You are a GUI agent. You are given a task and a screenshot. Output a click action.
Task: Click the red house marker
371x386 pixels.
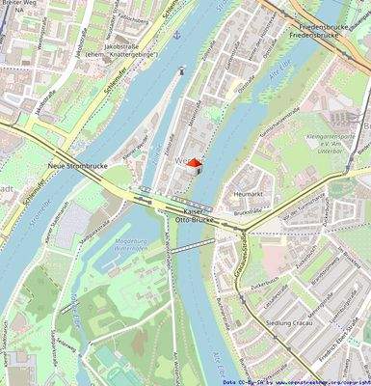(x=194, y=165)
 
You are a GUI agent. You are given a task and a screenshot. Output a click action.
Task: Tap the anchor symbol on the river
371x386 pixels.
(x=176, y=34)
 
